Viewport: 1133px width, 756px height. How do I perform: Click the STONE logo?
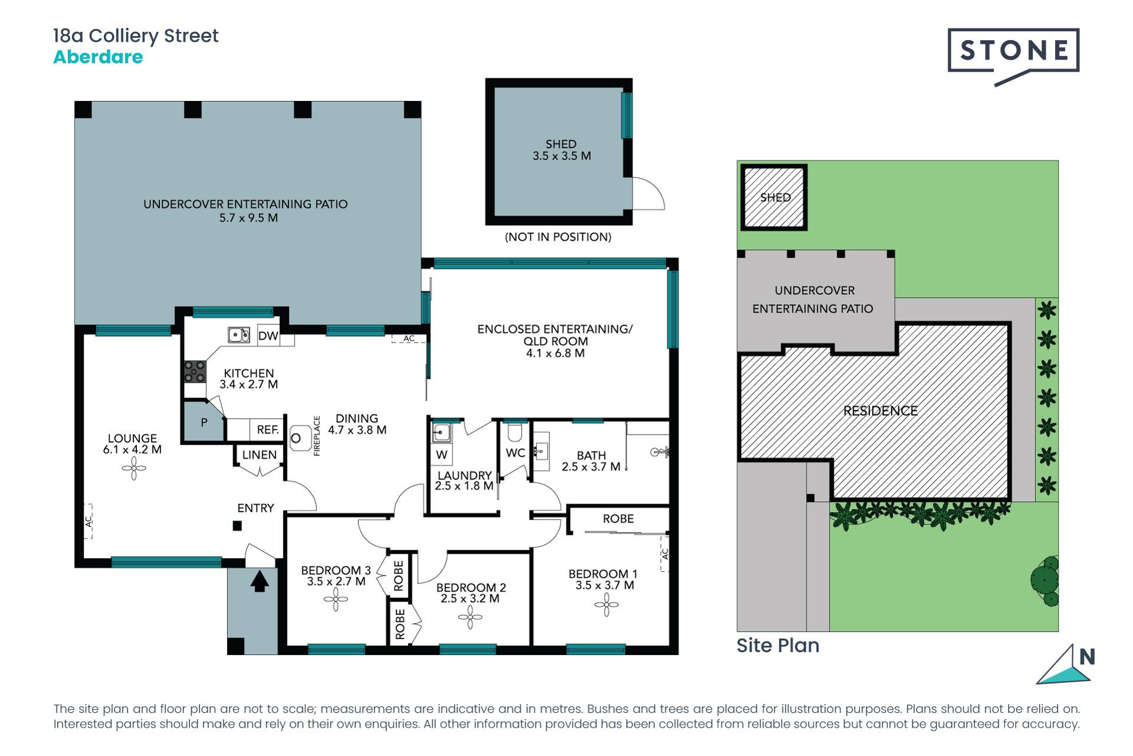tap(1013, 51)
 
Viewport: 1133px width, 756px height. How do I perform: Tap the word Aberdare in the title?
tap(98, 57)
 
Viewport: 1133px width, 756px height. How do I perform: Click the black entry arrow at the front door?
tap(260, 581)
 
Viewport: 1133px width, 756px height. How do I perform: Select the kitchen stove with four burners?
tap(195, 372)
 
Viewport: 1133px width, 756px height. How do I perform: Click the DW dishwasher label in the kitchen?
tap(268, 336)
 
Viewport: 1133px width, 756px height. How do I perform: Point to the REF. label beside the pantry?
tap(268, 430)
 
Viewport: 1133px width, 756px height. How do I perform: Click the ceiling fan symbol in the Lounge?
tap(134, 469)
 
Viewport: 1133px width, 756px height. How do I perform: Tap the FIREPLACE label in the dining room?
tap(317, 436)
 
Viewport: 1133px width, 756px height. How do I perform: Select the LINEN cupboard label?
tap(259, 455)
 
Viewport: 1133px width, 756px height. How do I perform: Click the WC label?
tap(515, 453)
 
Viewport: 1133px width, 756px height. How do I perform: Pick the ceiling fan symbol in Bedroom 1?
tap(606, 604)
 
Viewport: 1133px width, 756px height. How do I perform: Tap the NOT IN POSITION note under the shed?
tap(558, 237)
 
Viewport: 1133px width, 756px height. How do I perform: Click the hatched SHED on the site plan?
tap(774, 197)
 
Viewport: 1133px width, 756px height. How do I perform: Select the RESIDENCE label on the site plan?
tap(880, 411)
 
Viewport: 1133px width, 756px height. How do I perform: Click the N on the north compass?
tap(1087, 657)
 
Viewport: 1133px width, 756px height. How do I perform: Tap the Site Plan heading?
tap(778, 646)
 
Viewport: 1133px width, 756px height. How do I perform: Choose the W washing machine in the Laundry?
tap(441, 455)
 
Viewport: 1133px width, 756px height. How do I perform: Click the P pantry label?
tap(204, 422)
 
